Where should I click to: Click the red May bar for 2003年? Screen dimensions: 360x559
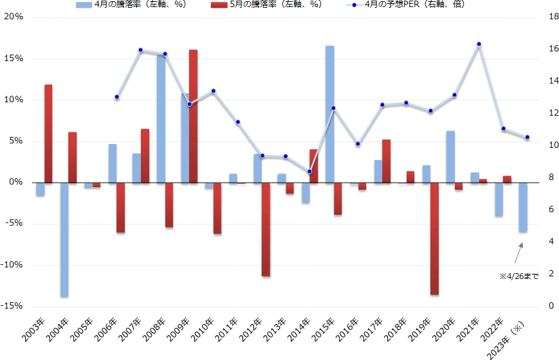coord(48,133)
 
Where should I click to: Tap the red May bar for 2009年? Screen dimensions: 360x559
coord(193,116)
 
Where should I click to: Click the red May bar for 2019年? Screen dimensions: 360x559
coord(435,239)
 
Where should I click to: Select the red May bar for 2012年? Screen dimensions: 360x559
coord(266,230)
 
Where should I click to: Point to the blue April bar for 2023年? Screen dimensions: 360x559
coord(523,207)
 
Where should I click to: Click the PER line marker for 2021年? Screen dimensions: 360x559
coord(479,44)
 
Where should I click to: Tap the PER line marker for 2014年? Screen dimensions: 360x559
coord(309,172)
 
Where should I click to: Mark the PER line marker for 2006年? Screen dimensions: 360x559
coord(116,97)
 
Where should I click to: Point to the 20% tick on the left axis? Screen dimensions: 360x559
coord(14,17)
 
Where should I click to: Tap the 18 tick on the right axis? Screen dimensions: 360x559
coord(547,17)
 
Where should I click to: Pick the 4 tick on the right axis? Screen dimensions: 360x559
coord(545,242)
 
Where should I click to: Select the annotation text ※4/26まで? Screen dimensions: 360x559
coord(519,276)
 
